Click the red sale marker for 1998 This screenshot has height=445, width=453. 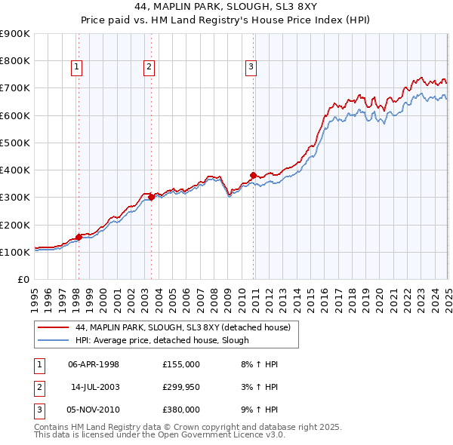pyautogui.click(x=79, y=237)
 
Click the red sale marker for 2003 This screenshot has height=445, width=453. pyautogui.click(x=151, y=198)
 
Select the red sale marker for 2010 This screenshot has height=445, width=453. pyautogui.click(x=253, y=175)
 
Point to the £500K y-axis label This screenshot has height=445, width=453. pyautogui.click(x=14, y=143)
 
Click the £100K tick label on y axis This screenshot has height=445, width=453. pyautogui.click(x=14, y=252)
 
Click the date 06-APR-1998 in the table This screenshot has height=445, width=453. pyautogui.click(x=94, y=364)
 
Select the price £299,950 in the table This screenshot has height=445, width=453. pyautogui.click(x=181, y=387)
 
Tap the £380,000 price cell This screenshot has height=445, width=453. pyautogui.click(x=181, y=410)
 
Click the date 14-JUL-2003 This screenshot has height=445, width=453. pyautogui.click(x=94, y=387)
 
